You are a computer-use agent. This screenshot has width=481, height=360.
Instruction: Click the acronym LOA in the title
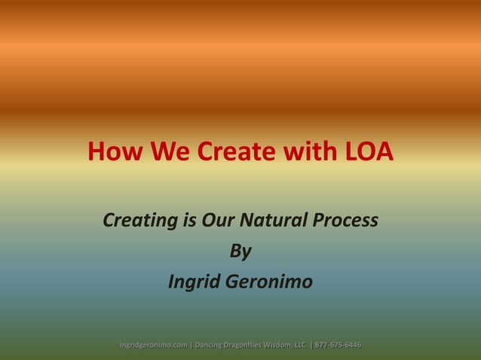369,152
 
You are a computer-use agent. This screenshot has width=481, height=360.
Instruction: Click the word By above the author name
240,252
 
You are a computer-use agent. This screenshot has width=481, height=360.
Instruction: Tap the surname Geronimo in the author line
270,282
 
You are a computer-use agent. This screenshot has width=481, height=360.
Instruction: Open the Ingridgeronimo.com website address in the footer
153,345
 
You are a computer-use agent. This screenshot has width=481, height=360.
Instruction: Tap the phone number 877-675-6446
338,345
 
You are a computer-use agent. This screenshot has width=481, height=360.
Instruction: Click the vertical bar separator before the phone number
311,345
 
